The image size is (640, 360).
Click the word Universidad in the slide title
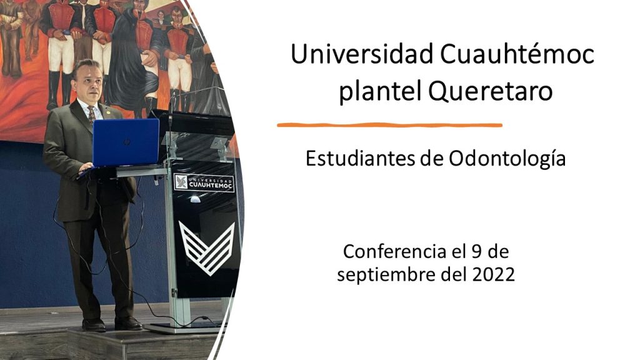362,54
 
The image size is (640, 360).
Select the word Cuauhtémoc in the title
517,54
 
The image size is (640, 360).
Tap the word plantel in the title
379,91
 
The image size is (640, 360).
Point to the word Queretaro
490,91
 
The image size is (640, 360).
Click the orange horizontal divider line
389,125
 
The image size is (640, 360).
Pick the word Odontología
507,159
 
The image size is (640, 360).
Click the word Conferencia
394,251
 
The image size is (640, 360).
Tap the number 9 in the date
476,251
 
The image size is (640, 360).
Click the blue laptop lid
126,142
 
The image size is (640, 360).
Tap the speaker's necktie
91,114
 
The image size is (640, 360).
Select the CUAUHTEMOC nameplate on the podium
204,183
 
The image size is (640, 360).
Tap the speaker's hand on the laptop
86,167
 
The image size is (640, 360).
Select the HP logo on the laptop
127,142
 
